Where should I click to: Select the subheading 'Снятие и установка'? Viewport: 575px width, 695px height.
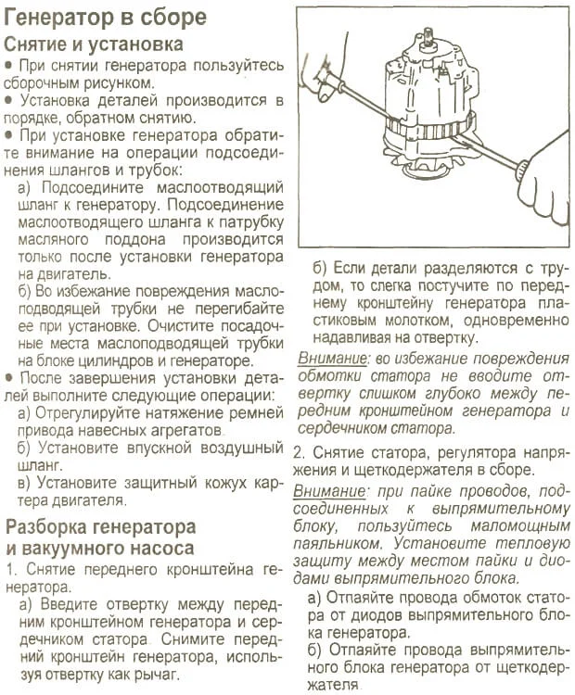[x=94, y=44]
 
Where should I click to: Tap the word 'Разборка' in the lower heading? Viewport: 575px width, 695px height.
[x=51, y=526]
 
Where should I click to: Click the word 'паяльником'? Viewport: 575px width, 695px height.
[x=339, y=542]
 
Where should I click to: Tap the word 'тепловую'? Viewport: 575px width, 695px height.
[x=526, y=542]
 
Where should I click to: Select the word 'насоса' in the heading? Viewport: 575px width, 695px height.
[x=157, y=547]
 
